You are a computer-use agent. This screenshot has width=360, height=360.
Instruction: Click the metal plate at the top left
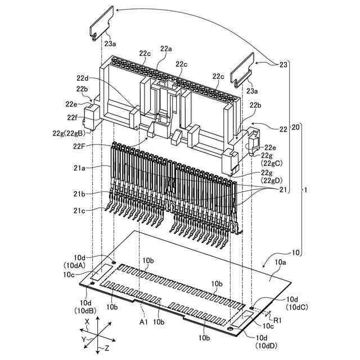pos(102,22)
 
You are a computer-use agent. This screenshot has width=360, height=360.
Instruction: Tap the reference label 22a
pos(166,49)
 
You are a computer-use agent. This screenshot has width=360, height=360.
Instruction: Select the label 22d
pos(83,78)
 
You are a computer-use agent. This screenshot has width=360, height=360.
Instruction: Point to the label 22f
pos(73,117)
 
